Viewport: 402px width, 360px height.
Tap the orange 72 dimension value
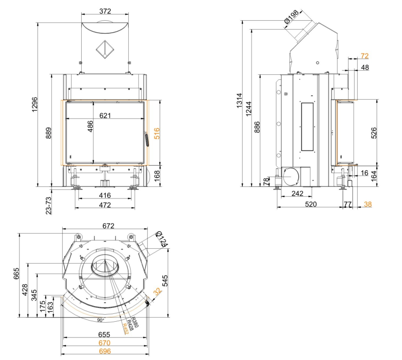point(365,56)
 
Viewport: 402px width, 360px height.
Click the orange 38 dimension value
point(367,204)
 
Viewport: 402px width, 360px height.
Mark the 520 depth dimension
point(310,204)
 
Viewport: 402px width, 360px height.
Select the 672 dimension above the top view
point(108,226)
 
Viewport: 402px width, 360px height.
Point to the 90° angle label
point(101,320)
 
